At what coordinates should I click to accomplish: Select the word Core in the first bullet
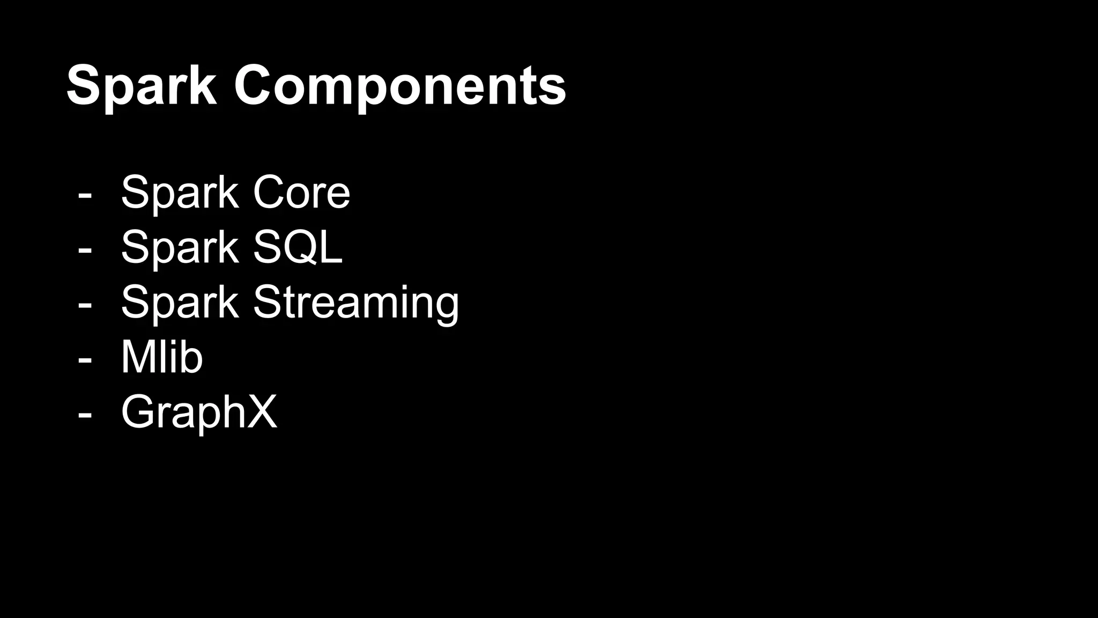[301, 193]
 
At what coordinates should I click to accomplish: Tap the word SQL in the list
[298, 247]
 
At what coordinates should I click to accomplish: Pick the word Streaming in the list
[356, 303]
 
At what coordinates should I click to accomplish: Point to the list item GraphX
[199, 412]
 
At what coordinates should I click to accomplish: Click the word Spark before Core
[180, 193]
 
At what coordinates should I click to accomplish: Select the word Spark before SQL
[180, 247]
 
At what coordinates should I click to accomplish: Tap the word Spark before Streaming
[180, 303]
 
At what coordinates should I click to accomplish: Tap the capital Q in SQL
[302, 247]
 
